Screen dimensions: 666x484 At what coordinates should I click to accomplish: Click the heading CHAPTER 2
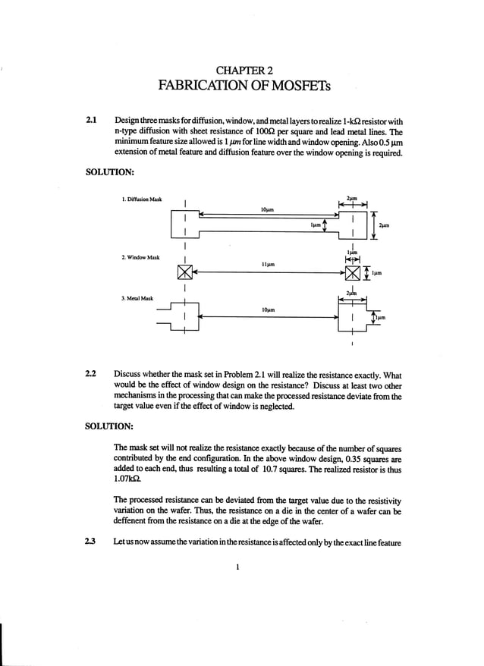242,71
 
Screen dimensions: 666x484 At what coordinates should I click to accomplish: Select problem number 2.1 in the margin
92,121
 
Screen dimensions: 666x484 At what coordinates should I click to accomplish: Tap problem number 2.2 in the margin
92,375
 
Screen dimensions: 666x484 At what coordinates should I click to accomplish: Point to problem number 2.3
92,539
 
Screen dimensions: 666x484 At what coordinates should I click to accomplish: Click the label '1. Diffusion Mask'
142,199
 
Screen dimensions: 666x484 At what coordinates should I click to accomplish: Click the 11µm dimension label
266,265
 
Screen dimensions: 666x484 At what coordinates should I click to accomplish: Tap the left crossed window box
185,272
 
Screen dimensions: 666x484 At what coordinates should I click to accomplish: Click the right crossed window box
353,272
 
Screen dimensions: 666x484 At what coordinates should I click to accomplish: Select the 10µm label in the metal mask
266,310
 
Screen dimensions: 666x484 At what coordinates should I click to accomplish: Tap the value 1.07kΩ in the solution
126,479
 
